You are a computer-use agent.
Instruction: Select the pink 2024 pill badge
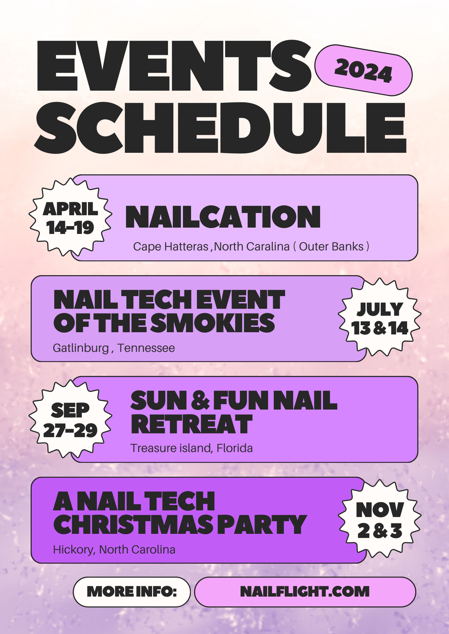coord(363,70)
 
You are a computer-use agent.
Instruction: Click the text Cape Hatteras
coord(171,247)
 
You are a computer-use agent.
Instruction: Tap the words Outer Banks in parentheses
coord(331,247)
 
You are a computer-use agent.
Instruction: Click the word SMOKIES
coord(212,323)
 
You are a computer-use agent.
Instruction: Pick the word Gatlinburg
coord(81,348)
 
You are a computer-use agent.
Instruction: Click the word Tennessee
coord(146,348)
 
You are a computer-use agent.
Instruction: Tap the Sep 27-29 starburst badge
coord(70,419)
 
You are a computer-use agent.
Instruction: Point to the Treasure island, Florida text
coord(191,448)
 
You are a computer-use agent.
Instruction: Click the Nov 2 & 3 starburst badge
coord(379,519)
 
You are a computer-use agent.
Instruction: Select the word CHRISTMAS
coord(134,525)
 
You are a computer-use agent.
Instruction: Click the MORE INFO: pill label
coord(132,592)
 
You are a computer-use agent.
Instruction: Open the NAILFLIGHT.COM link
coord(305,592)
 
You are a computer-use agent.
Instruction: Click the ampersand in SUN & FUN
coord(200,400)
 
